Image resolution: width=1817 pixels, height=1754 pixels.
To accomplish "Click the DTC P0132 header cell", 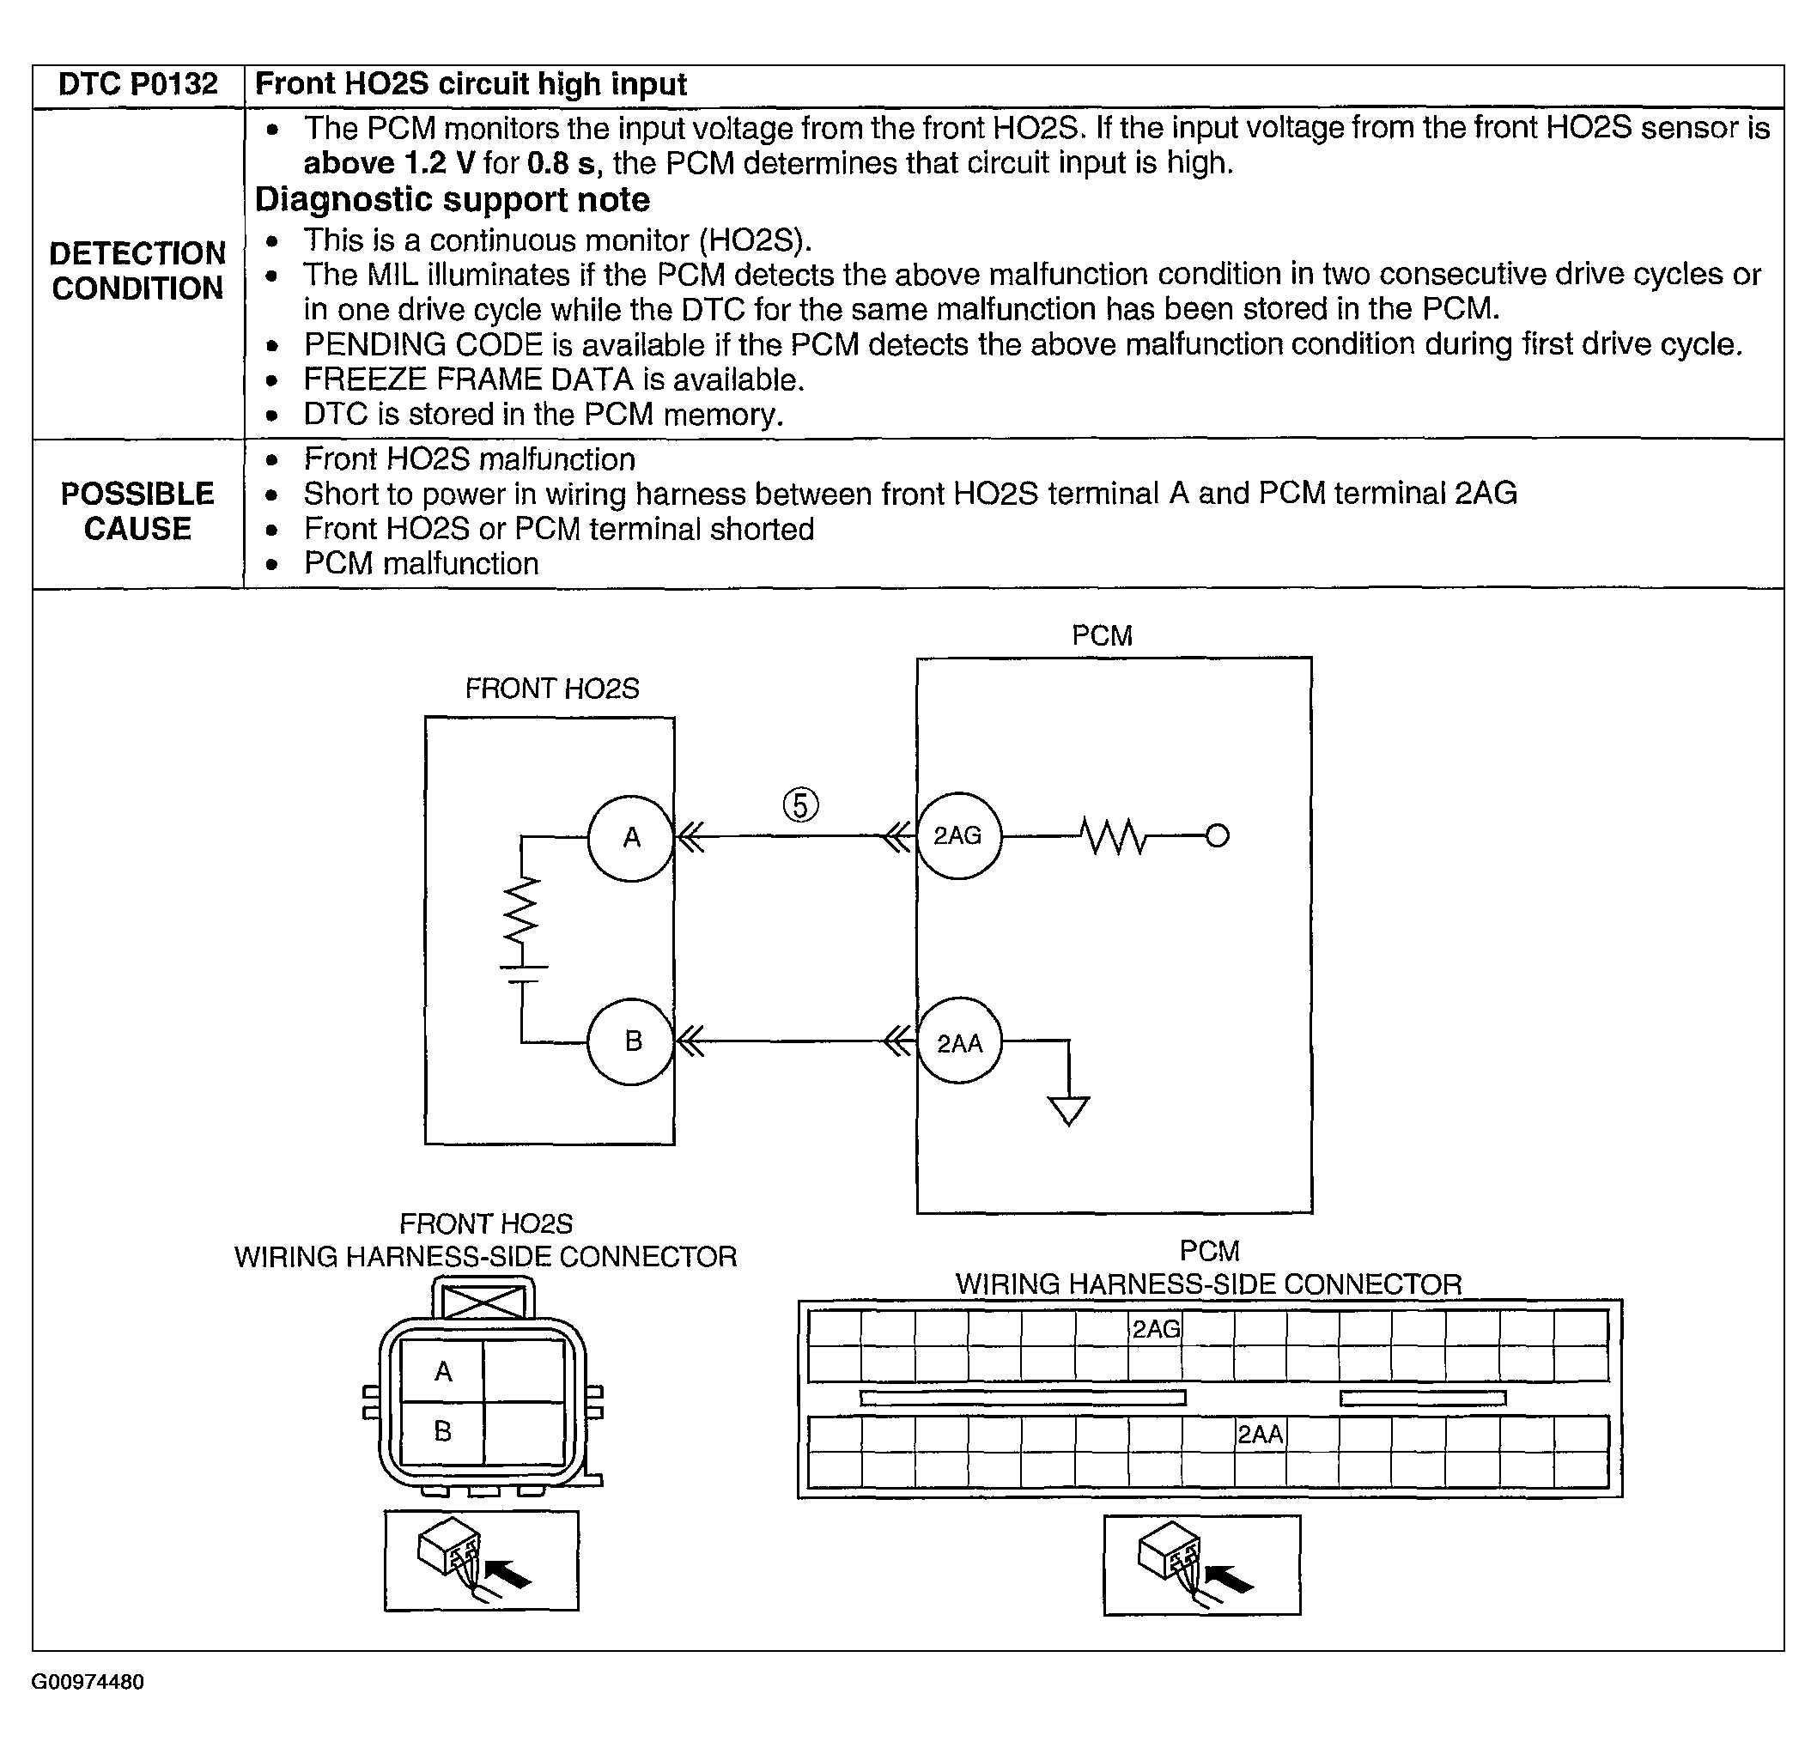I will tap(137, 84).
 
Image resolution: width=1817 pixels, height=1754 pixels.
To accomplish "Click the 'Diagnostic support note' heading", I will tap(453, 199).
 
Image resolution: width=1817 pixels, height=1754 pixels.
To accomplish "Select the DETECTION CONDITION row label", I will tap(137, 270).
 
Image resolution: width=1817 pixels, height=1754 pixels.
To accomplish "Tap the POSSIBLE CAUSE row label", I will tap(137, 511).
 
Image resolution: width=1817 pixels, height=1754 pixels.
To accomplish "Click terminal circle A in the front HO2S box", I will tap(630, 838).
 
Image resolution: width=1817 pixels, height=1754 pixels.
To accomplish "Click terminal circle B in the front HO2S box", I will tap(630, 1041).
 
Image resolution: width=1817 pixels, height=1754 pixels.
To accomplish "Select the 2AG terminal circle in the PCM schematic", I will tap(958, 836).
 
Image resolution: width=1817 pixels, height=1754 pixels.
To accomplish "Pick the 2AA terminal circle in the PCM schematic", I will tap(958, 1044).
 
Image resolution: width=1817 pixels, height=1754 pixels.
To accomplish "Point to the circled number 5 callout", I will tap(801, 804).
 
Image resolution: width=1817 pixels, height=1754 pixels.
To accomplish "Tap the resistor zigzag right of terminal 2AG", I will tap(1115, 836).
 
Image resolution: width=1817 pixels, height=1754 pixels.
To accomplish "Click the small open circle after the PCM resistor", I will tap(1218, 836).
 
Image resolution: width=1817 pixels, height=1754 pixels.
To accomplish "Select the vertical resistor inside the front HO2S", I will tap(521, 910).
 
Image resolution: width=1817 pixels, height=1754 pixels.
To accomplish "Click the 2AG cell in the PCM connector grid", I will tap(1155, 1329).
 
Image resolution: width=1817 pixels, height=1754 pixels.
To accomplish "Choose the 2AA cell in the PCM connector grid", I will tap(1261, 1434).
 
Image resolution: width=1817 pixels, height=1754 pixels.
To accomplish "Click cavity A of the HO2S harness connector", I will tap(443, 1371).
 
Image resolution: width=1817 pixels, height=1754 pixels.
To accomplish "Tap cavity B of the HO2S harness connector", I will tap(443, 1431).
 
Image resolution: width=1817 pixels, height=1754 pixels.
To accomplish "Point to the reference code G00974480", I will tap(88, 1682).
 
